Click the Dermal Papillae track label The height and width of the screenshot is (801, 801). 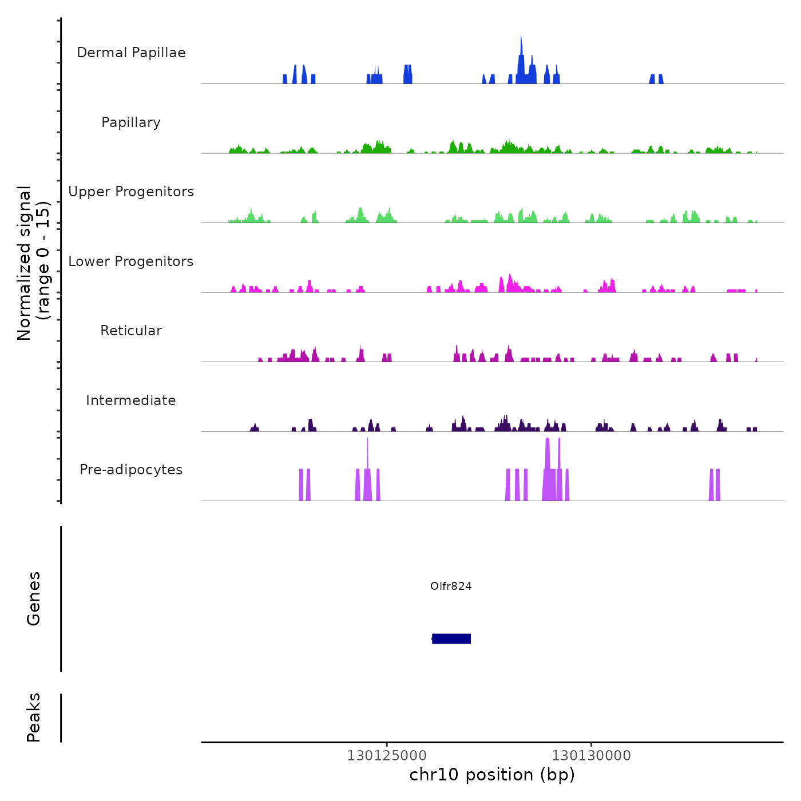click(131, 53)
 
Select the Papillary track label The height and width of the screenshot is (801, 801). click(131, 122)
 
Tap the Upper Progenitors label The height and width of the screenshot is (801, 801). click(131, 192)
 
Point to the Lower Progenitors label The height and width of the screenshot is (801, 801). click(131, 261)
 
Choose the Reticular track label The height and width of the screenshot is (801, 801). click(131, 331)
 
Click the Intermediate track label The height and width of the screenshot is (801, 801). click(131, 400)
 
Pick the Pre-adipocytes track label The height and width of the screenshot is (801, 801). click(131, 470)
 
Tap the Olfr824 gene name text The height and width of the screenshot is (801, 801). click(451, 586)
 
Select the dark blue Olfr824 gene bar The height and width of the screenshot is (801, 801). click(451, 639)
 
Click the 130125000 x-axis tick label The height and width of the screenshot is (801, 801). click(387, 756)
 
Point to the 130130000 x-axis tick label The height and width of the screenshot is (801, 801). click(591, 756)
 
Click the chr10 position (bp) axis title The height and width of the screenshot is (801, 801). click(492, 775)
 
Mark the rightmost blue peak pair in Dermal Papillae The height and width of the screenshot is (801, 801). click(656, 79)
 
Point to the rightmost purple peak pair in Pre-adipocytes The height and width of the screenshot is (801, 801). click(715, 485)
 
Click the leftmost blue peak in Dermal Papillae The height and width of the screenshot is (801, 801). click(285, 79)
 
